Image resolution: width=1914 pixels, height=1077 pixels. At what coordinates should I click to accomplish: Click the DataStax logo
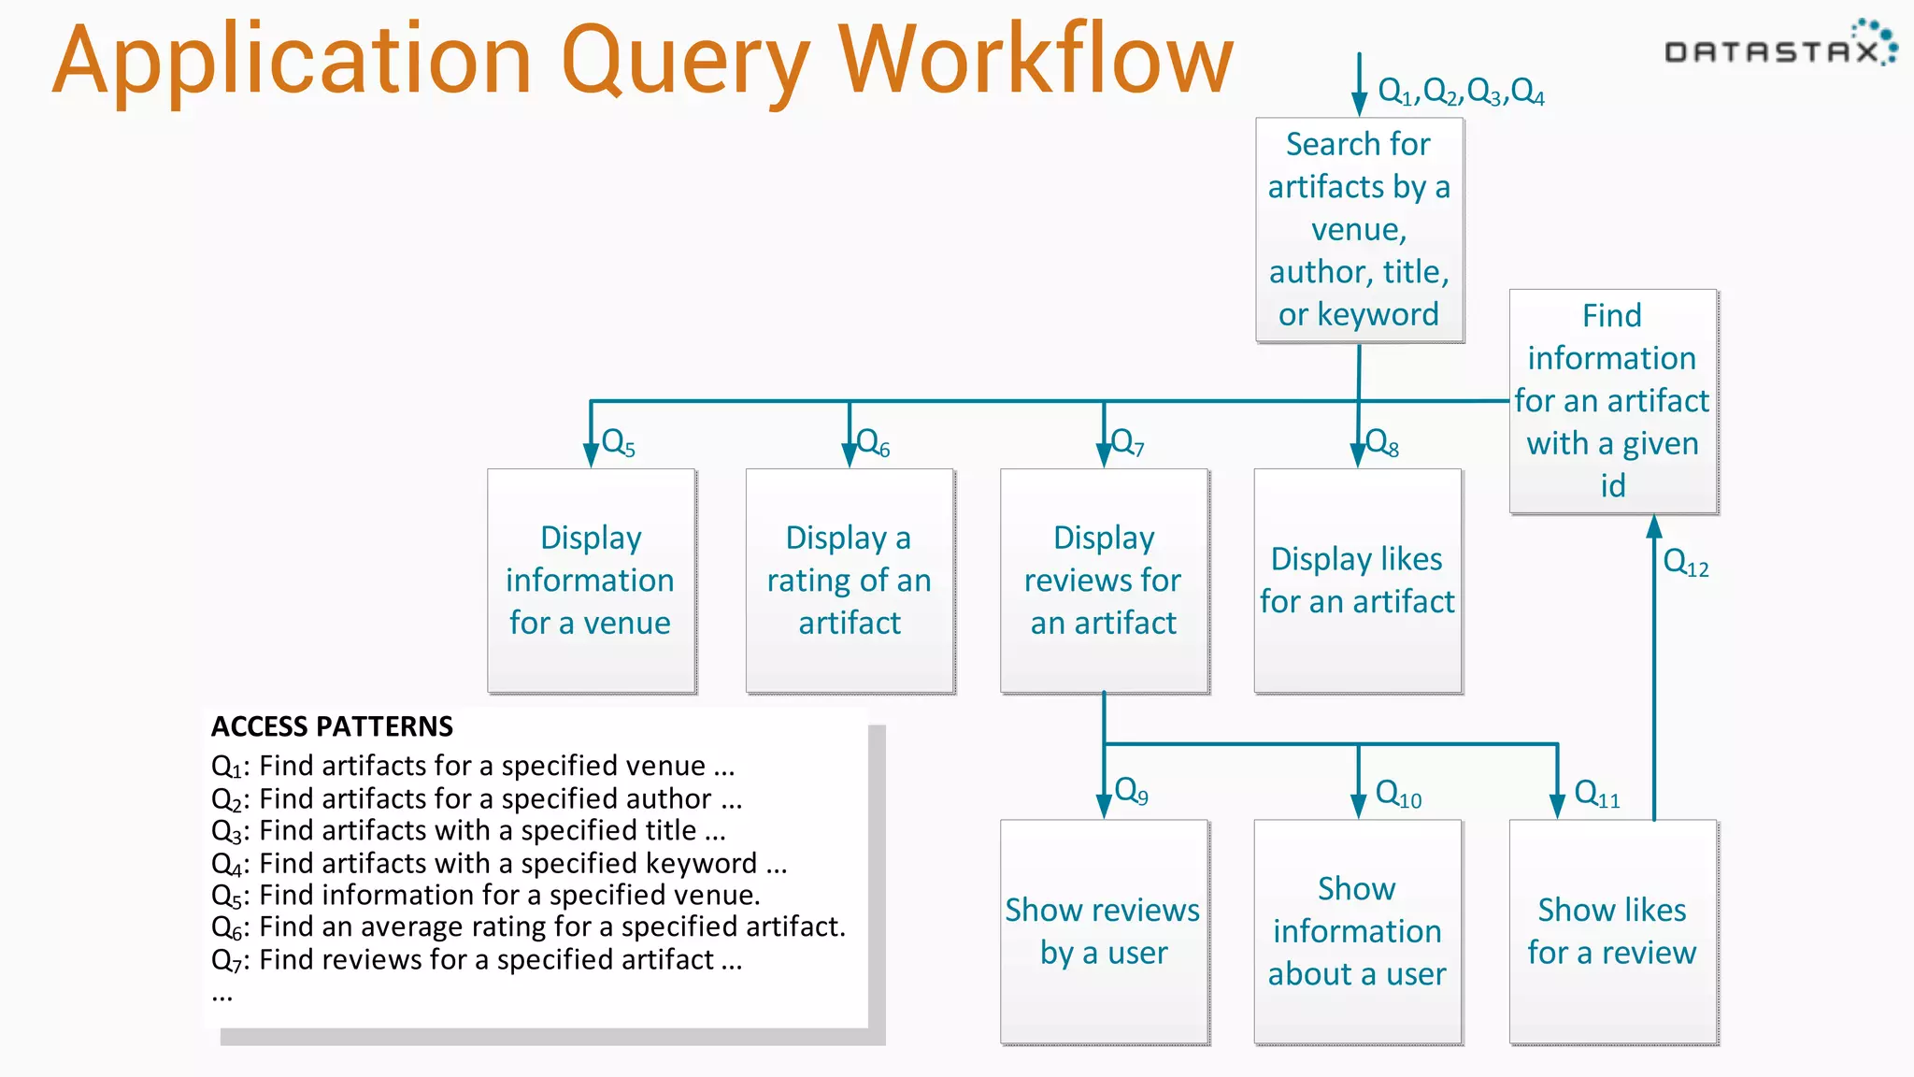(x=1779, y=47)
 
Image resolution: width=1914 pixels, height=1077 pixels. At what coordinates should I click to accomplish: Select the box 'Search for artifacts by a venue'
(x=1359, y=230)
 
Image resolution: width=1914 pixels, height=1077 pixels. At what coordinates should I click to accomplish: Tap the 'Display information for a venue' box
(x=591, y=581)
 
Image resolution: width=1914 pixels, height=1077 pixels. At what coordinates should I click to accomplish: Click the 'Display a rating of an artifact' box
(x=850, y=581)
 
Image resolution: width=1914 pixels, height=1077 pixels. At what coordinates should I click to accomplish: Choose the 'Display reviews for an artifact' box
(x=1104, y=581)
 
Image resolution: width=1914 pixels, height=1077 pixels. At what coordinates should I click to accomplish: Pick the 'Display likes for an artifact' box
(x=1358, y=581)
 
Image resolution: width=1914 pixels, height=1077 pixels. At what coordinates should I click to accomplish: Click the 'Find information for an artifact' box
(x=1613, y=401)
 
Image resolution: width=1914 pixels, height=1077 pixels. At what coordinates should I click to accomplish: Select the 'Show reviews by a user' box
(x=1104, y=931)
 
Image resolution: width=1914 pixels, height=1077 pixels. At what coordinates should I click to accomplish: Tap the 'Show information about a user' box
(x=1358, y=931)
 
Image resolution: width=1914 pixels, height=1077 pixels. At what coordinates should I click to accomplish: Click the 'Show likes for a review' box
(x=1613, y=931)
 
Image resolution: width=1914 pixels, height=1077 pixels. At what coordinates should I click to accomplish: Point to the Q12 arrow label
(x=1686, y=563)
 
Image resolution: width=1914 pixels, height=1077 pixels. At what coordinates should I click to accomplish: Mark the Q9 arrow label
(x=1132, y=792)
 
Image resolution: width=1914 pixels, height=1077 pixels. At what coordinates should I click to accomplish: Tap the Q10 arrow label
(x=1399, y=795)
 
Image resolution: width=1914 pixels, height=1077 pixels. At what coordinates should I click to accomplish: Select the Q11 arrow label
(x=1597, y=795)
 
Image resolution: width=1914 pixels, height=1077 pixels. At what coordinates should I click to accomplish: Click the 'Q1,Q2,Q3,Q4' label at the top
(x=1461, y=92)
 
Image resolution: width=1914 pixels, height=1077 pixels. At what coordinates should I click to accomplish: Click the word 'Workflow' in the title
(x=1036, y=62)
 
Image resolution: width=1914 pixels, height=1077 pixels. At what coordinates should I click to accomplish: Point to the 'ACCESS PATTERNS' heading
(x=332, y=726)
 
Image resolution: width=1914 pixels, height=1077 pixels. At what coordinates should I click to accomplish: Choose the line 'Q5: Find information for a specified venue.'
(x=486, y=896)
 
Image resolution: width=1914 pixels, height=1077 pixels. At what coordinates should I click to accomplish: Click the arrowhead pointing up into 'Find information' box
(x=1654, y=526)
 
